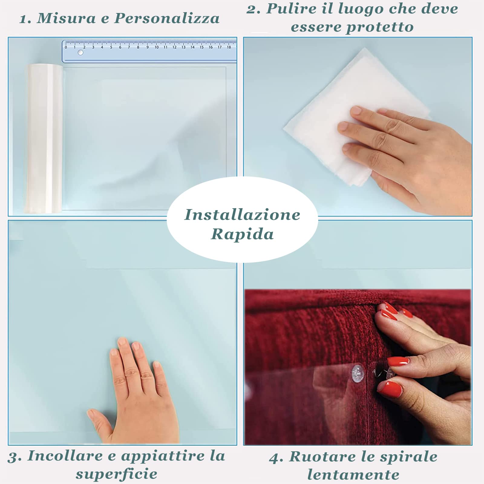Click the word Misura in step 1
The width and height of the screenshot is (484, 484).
[x=66, y=18]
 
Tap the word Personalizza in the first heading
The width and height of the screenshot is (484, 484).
[x=167, y=19]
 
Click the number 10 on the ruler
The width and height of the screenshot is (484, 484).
[x=156, y=47]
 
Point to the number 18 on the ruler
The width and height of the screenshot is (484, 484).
[x=229, y=47]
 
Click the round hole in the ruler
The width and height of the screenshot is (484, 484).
[x=80, y=53]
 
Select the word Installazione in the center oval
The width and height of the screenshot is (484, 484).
[x=242, y=215]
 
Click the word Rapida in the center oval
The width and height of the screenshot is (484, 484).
[x=242, y=234]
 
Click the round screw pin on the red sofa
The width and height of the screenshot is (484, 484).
[x=358, y=373]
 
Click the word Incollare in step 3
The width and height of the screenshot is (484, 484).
[x=65, y=456]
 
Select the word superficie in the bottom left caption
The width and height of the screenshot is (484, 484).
[x=116, y=474]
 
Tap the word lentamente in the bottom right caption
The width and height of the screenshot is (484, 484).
[x=353, y=475]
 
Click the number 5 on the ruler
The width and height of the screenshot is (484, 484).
[x=111, y=47]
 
